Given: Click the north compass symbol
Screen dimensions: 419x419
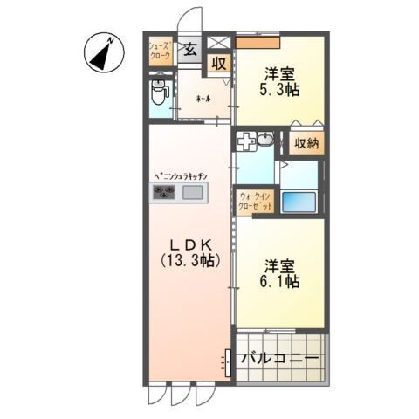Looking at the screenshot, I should [x=103, y=53].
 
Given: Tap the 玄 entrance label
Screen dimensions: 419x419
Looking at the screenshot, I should [x=189, y=49].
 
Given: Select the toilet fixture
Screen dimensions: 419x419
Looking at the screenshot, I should [x=158, y=91].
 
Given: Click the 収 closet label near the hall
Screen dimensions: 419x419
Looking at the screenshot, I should [x=218, y=64].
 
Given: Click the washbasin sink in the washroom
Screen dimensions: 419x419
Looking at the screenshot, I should [x=255, y=140].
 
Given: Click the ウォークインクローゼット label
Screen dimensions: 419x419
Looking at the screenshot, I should [x=254, y=203].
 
